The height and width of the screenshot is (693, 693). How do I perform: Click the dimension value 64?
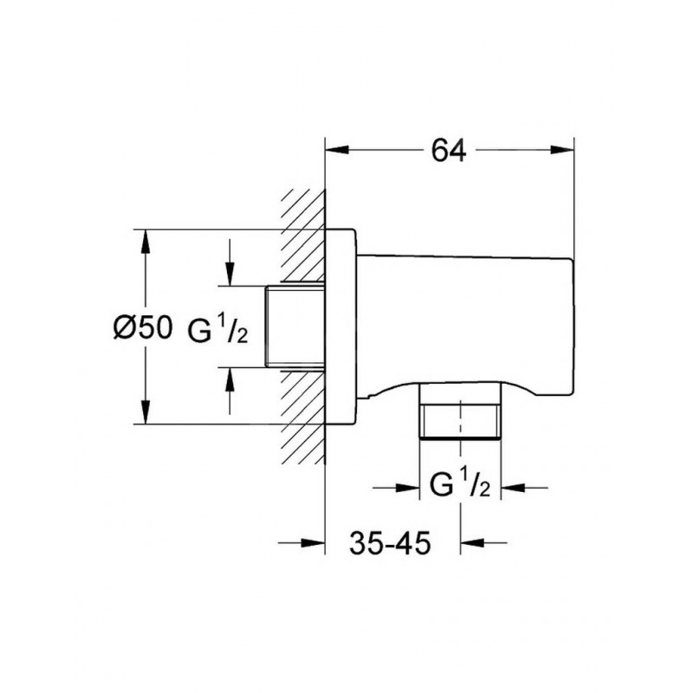pos(449,150)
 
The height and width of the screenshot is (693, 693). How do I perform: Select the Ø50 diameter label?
pos(142,328)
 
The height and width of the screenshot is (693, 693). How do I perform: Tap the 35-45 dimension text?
pos(390,543)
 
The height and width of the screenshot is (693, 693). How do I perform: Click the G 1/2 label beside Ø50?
pos(218,331)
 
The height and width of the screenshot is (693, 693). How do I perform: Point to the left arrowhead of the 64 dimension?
pos(337,150)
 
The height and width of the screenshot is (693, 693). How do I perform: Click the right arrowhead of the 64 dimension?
pos(562,150)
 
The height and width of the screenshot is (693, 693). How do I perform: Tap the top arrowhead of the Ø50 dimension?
pos(145,242)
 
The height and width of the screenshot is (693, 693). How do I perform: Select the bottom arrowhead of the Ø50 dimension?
pos(145,412)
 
